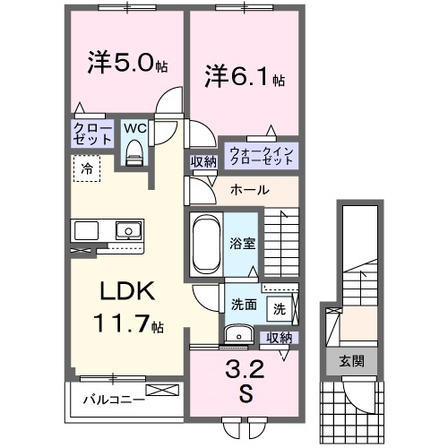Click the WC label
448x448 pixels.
coord(134,128)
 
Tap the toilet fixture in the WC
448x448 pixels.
coord(135,153)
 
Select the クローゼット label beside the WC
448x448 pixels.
coord(92,135)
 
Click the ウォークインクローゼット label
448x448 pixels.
coord(261,154)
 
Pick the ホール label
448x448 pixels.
coord(247,190)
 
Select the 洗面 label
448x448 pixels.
coord(243,303)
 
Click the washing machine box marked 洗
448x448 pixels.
coord(279,309)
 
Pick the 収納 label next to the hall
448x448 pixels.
coord(202,161)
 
